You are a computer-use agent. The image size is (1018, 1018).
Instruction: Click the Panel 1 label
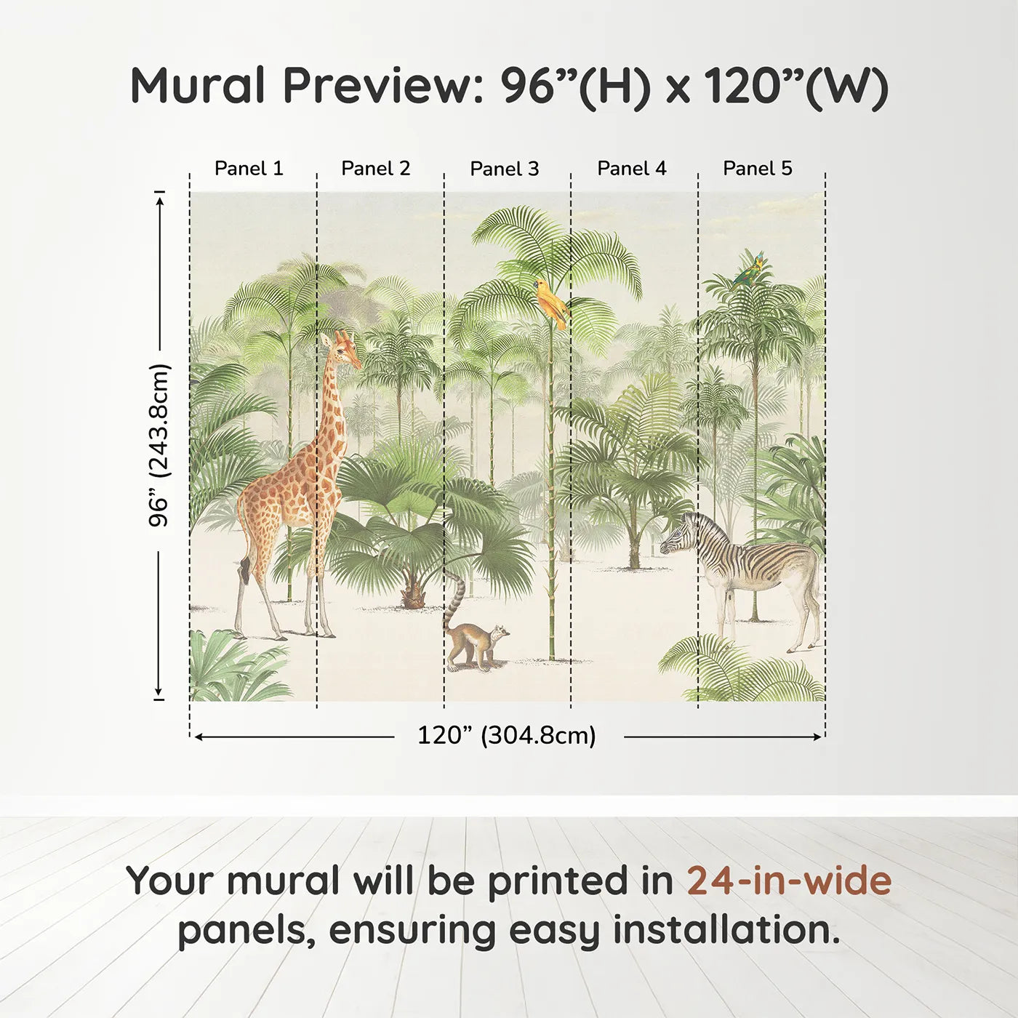tap(249, 168)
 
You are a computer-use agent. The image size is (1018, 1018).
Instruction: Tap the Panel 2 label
tap(376, 168)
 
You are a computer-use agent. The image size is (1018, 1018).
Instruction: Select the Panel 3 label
tap(505, 169)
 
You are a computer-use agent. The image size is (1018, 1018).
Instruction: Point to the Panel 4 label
tap(632, 168)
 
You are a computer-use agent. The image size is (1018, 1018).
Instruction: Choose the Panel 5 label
tap(758, 168)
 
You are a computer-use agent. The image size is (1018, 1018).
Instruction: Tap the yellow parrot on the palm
tap(552, 302)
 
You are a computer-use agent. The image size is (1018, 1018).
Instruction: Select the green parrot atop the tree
tap(750, 270)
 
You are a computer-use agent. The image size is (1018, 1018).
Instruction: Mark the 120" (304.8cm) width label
tap(507, 735)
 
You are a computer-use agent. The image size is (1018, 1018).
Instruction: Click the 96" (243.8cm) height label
tap(159, 444)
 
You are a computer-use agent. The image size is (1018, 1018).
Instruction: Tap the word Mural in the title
tap(198, 86)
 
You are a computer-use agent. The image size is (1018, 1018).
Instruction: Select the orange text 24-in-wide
tap(789, 881)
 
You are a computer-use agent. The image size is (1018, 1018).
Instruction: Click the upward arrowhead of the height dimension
tap(160, 198)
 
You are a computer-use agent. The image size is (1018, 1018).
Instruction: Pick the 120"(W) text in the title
tap(796, 86)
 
